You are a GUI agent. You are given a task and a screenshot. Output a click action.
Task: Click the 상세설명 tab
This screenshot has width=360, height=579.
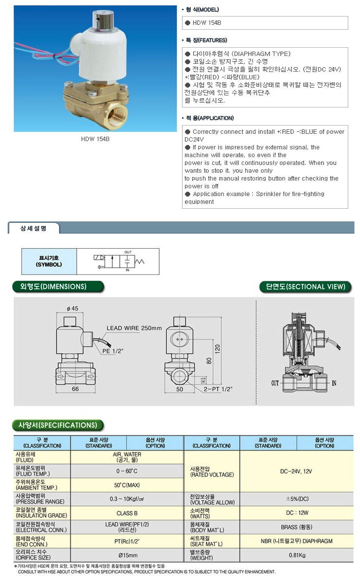click(x=34, y=228)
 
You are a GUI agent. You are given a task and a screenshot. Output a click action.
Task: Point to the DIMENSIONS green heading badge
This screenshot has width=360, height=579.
click(x=58, y=287)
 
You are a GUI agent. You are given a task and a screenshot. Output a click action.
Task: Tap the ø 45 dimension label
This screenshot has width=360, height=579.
click(x=72, y=308)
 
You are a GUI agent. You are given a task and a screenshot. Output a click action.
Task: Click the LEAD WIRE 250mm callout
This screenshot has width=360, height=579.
click(x=134, y=328)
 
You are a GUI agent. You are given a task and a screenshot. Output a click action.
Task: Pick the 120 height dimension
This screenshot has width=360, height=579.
click(x=217, y=348)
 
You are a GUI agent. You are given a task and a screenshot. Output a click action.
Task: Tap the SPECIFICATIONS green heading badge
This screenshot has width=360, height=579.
click(x=58, y=425)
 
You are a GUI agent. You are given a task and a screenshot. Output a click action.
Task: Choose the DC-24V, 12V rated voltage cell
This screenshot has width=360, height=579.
click(x=297, y=471)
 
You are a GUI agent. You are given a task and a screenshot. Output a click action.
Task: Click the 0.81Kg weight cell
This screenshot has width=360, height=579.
click(x=297, y=555)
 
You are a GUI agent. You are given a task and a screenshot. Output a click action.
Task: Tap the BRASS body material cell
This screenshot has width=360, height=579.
click(x=297, y=527)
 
